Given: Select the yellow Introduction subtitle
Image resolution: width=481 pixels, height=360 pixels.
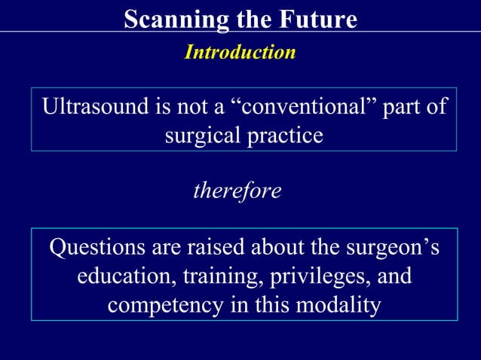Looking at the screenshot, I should (240, 52).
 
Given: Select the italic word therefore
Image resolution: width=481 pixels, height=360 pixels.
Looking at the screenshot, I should (237, 191).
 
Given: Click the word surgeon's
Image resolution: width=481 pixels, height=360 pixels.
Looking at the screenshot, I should (392, 247).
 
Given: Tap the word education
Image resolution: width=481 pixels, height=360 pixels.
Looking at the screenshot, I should (124, 276).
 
